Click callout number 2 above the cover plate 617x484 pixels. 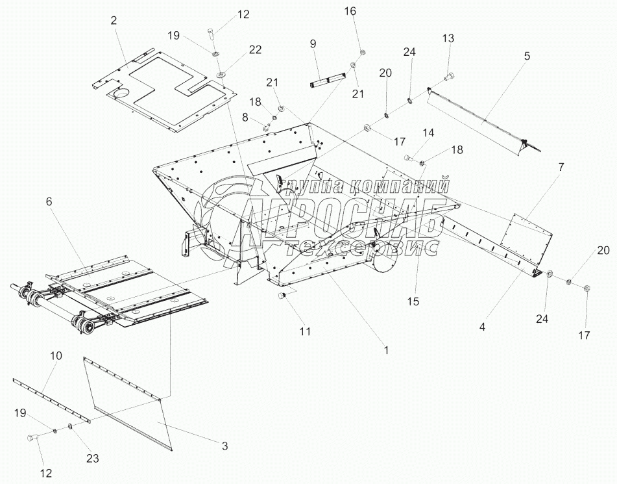114,21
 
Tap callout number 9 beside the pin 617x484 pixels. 313,44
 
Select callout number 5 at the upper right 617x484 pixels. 527,57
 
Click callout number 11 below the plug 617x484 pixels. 305,331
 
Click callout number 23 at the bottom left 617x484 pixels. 93,458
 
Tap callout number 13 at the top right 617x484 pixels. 448,38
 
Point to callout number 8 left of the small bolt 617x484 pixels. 245,117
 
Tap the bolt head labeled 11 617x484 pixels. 283,296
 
